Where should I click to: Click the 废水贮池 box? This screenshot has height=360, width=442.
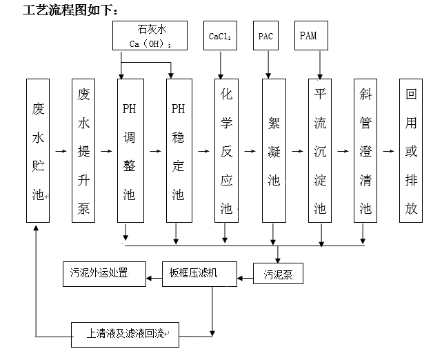tap(38, 150)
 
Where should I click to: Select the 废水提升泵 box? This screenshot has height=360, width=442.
tap(83, 150)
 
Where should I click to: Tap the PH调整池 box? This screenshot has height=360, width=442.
tap(129, 150)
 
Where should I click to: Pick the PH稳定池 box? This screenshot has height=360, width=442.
tap(178, 150)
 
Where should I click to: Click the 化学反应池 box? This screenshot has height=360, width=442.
tap(225, 150)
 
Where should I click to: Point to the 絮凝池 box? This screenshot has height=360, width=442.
tap(274, 150)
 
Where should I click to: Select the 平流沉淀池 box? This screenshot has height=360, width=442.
tap(320, 150)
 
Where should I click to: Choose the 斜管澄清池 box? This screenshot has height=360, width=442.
tap(365, 150)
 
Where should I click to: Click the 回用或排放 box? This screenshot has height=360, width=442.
tap(411, 150)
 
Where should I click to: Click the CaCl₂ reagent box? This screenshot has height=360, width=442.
tap(220, 36)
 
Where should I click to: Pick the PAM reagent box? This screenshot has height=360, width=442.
tap(310, 36)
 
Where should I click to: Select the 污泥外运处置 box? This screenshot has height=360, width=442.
tap(103, 272)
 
